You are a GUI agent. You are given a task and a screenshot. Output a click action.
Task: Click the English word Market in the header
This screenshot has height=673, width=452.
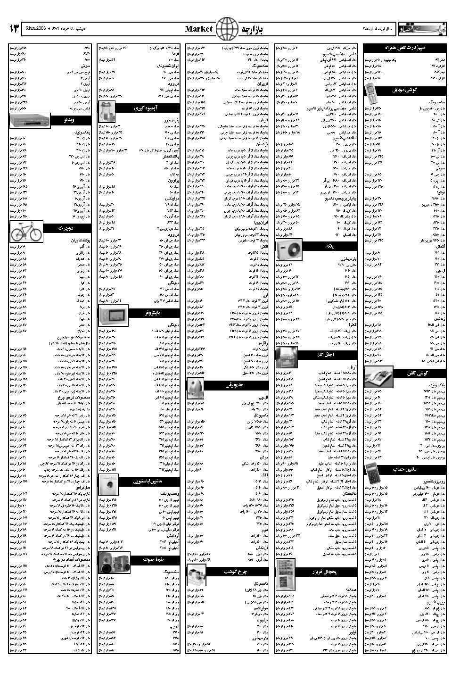click(198, 29)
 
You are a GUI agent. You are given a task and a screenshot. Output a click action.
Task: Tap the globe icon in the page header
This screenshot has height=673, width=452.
click(227, 29)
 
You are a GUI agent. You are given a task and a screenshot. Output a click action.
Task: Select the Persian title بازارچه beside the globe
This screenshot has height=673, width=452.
click(252, 29)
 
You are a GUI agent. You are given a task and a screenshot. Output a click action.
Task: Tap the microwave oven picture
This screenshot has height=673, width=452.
click(113, 313)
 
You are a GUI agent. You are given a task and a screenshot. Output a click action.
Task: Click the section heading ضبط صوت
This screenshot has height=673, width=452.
click(154, 559)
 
